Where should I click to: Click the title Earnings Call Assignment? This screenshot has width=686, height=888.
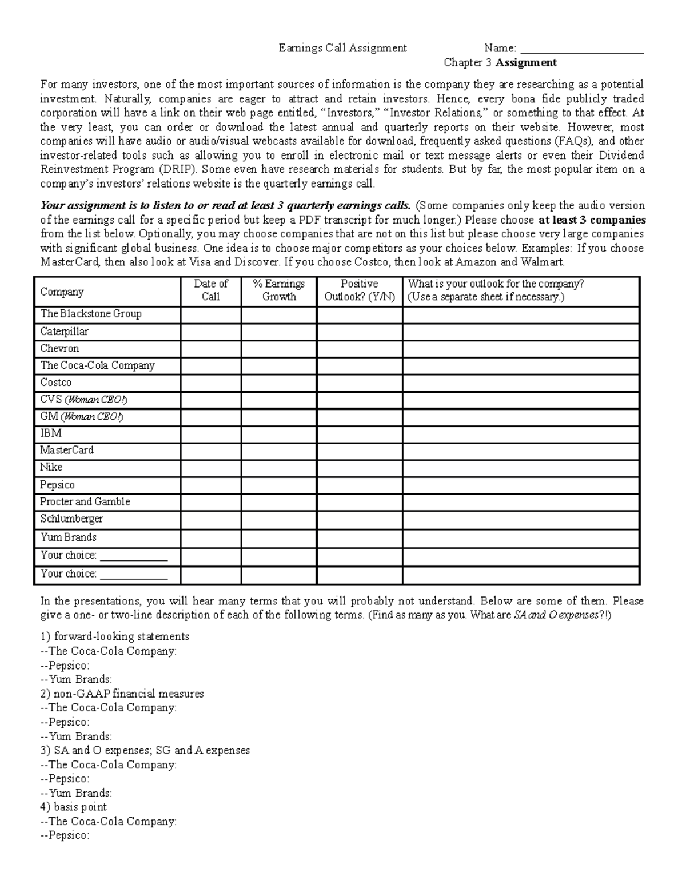point(342,48)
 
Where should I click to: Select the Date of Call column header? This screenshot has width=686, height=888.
point(210,290)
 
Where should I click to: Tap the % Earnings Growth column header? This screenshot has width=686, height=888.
point(279,290)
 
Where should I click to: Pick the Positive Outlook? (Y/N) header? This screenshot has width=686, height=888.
point(360,290)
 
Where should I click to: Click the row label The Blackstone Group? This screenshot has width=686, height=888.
point(91,314)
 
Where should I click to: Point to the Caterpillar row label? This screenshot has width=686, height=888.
point(64,332)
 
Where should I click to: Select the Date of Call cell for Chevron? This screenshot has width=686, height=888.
point(210,349)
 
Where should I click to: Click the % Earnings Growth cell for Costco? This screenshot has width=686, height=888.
point(279,383)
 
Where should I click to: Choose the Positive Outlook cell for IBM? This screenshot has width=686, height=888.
point(360,434)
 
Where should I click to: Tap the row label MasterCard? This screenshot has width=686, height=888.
point(66,451)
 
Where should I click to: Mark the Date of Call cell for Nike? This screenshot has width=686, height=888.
point(210,468)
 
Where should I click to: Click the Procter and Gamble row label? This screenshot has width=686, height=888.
point(85,502)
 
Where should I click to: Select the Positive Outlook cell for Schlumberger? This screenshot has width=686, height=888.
point(360,519)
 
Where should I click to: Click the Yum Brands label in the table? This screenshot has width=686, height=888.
point(68,537)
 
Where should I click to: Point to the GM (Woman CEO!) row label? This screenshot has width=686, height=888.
point(81,417)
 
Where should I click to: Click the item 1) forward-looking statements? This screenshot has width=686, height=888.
point(115,636)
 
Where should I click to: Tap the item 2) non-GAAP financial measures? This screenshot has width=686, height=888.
point(122,694)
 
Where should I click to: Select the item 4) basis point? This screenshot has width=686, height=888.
point(74,807)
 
